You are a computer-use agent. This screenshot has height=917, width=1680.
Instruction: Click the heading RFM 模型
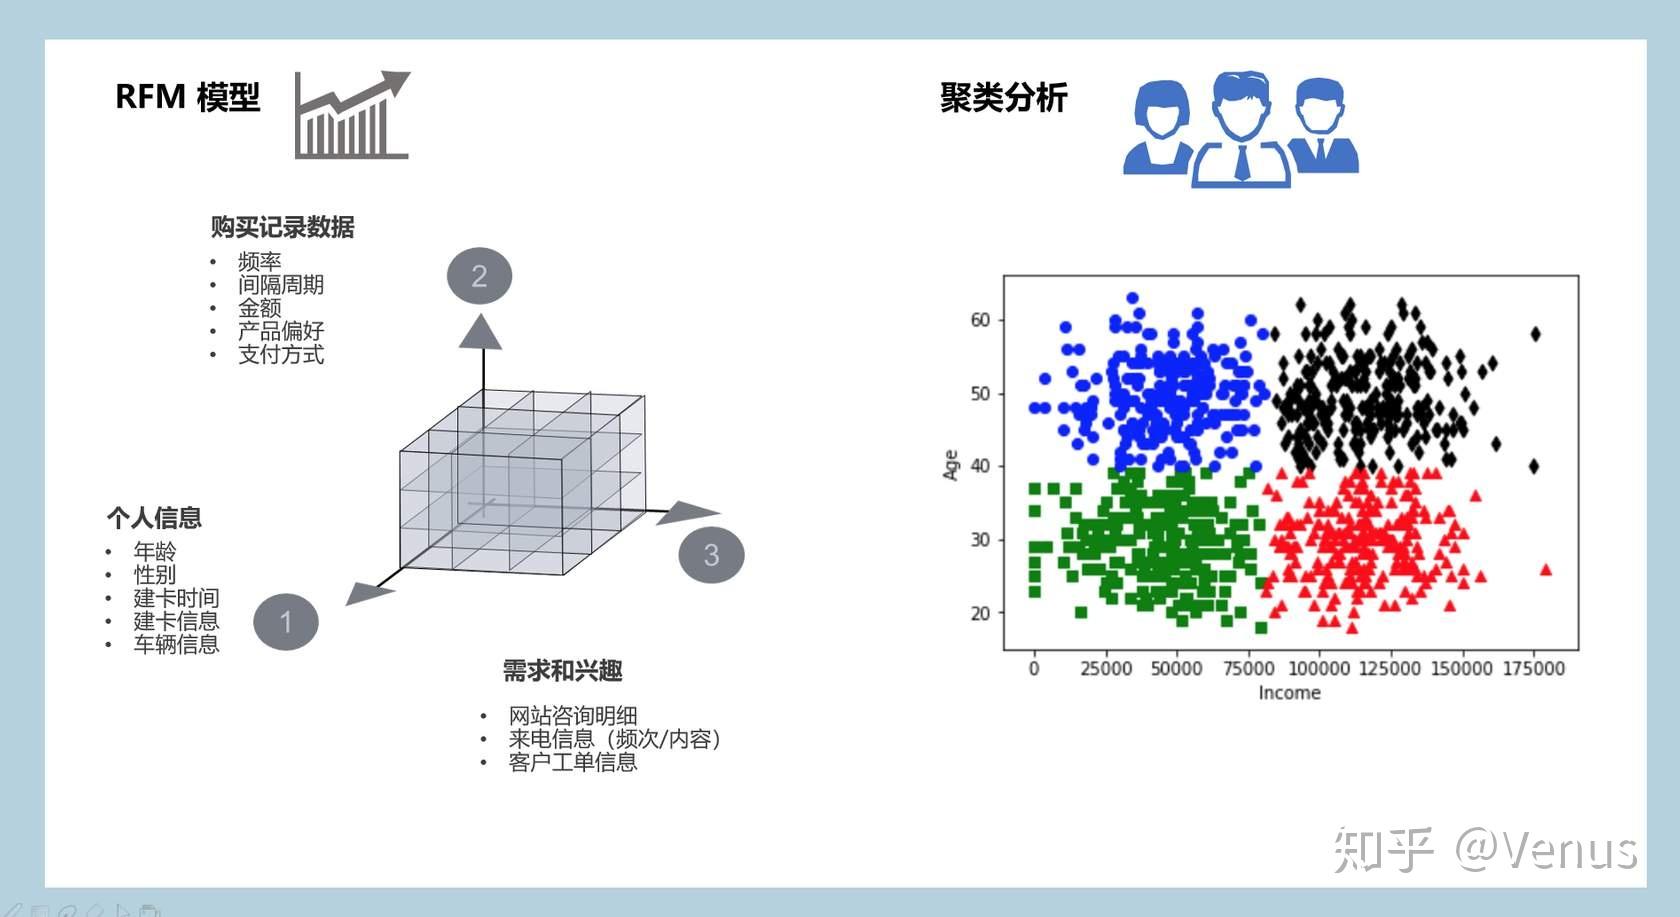pyautogui.click(x=187, y=97)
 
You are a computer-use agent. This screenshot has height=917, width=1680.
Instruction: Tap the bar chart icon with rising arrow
pyautogui.click(x=352, y=115)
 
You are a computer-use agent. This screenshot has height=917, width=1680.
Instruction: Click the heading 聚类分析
pyautogui.click(x=1003, y=98)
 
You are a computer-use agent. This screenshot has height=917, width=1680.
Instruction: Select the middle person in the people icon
pyautogui.click(x=1241, y=128)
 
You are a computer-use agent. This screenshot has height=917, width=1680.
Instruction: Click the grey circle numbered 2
pyautogui.click(x=479, y=276)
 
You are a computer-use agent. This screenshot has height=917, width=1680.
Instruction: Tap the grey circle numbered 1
pyautogui.click(x=286, y=622)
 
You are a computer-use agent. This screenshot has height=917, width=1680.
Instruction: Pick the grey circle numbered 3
pyautogui.click(x=711, y=555)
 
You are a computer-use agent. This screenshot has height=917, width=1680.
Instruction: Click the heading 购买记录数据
pyautogui.click(x=282, y=227)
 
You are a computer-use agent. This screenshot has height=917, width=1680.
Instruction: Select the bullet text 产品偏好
pyautogui.click(x=281, y=331)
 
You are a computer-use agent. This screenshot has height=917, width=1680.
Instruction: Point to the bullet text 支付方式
pyautogui.click(x=281, y=354)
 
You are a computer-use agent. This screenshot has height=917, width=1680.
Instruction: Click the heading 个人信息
pyautogui.click(x=154, y=518)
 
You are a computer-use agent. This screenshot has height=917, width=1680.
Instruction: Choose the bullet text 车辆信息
pyautogui.click(x=176, y=644)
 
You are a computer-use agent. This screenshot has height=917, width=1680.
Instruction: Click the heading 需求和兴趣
pyautogui.click(x=562, y=671)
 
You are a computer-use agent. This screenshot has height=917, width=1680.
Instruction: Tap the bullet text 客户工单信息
pyautogui.click(x=572, y=762)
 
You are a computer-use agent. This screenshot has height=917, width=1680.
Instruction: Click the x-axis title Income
pyautogui.click(x=1289, y=693)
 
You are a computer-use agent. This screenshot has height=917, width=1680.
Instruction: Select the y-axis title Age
pyautogui.click(x=951, y=465)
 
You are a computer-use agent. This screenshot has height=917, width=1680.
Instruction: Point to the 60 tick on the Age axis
pyautogui.click(x=980, y=320)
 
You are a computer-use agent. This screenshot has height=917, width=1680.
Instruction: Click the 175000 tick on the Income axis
pyautogui.click(x=1533, y=668)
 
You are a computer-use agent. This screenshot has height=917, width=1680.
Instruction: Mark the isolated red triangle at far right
pyautogui.click(x=1546, y=570)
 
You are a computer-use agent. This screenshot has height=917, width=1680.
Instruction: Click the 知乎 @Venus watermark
pyautogui.click(x=1484, y=850)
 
